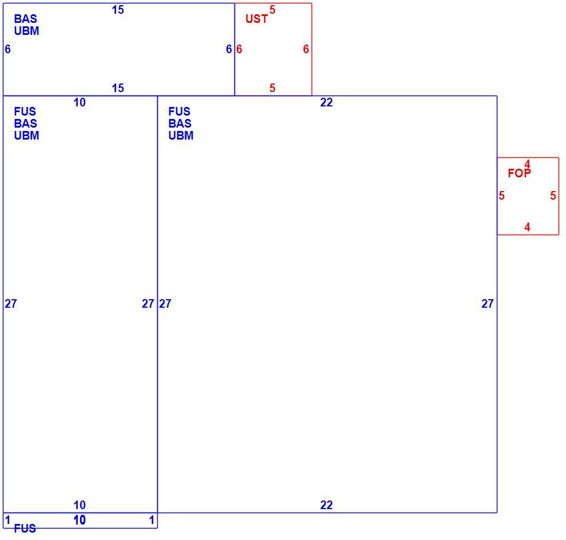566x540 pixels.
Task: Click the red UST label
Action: coord(256,19)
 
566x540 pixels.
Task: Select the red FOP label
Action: coord(519,173)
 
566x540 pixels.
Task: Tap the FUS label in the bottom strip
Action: coord(25,529)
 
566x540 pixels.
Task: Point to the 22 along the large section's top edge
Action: coord(326,102)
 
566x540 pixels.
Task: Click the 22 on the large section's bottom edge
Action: coord(326,505)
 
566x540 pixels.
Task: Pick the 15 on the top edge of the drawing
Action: coord(118,10)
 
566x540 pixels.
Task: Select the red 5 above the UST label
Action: coord(272,10)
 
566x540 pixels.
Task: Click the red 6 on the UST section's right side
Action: coord(306,49)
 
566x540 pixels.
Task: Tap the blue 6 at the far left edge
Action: coord(7,49)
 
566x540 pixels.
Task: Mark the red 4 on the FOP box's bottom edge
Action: coord(527,227)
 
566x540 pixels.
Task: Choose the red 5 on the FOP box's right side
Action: coord(553,196)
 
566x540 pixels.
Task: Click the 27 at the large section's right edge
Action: coord(487,304)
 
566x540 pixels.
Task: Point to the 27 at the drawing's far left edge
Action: coord(10,304)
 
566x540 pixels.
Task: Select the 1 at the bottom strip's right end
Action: coord(152,520)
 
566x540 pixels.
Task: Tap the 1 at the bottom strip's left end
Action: coord(7,520)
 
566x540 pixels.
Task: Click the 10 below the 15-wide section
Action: coord(79,102)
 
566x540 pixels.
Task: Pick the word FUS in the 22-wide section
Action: coord(179,111)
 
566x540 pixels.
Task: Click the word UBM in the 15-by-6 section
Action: coord(26,31)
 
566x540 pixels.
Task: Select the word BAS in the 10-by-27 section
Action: coord(25,124)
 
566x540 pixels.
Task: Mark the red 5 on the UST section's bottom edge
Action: coord(272,88)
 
